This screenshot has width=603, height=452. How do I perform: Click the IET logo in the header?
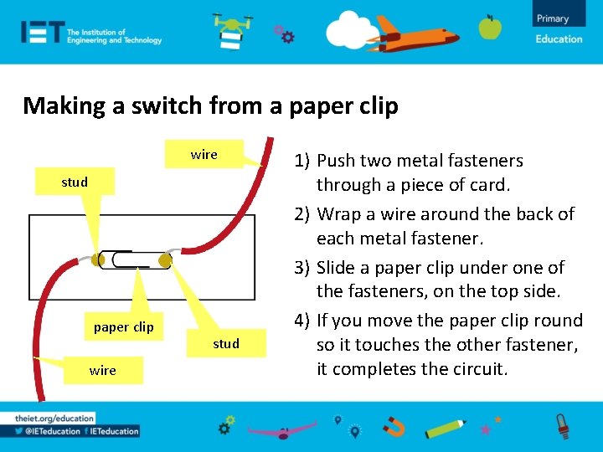point(43,32)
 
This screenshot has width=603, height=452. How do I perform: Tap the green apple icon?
point(490,27)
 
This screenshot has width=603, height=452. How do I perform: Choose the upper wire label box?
point(204,154)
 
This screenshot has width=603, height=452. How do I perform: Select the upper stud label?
point(75,182)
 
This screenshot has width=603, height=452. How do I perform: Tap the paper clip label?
point(124,326)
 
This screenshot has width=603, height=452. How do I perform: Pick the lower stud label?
point(226,343)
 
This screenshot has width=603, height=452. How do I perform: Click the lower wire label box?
point(103,370)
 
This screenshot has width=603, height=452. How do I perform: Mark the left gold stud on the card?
point(99,260)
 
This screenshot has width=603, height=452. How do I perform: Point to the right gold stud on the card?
point(165,261)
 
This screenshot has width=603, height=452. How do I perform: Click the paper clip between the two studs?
point(132,259)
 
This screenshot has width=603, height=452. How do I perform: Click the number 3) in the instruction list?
point(302,268)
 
